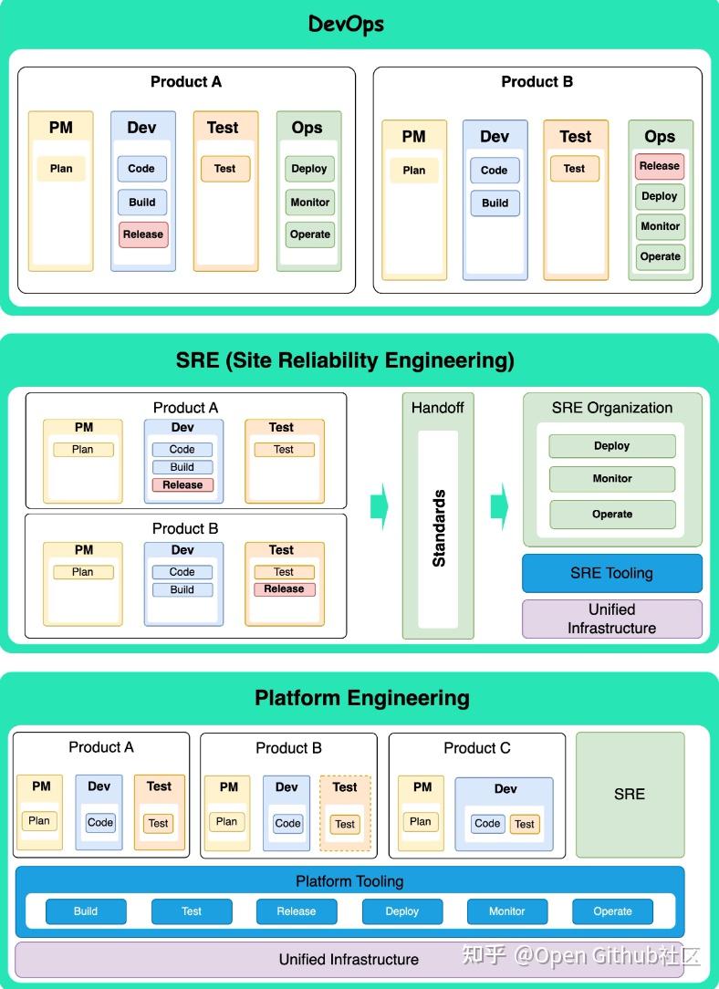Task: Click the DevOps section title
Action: tap(346, 24)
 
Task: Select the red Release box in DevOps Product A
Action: tap(143, 234)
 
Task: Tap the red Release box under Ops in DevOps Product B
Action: tap(660, 166)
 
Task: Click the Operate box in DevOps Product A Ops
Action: tap(310, 234)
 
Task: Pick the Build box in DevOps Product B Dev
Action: tap(495, 203)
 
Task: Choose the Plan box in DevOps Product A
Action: tap(61, 169)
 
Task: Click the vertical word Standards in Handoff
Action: tap(439, 528)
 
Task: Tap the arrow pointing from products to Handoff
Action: tap(380, 505)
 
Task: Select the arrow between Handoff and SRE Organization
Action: tap(499, 505)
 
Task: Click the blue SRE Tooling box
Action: tap(611, 573)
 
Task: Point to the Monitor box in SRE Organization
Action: tap(612, 479)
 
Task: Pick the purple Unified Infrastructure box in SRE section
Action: tap(611, 619)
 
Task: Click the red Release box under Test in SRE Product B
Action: tap(284, 589)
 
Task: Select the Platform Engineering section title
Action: tap(361, 698)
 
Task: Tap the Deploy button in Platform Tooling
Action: tap(401, 911)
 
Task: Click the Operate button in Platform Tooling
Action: tap(612, 911)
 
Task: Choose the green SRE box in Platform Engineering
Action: tap(630, 795)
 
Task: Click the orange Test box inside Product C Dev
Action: tap(524, 824)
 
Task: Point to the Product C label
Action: tap(476, 748)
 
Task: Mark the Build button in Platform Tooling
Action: tap(86, 911)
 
